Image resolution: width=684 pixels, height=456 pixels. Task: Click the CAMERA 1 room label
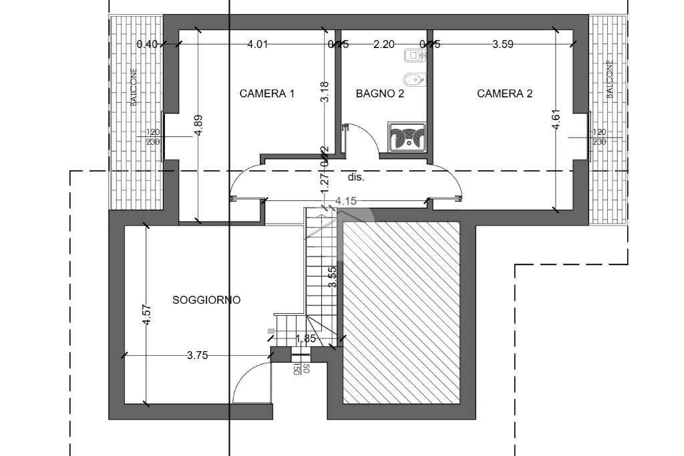point(267,94)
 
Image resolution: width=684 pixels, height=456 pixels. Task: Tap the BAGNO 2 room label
point(379,94)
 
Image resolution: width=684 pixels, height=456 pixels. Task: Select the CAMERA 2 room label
point(504,94)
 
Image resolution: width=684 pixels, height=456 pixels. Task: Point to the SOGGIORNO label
point(206,300)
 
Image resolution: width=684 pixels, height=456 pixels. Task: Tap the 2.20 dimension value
point(383,45)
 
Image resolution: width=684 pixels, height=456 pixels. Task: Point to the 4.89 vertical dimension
point(198,126)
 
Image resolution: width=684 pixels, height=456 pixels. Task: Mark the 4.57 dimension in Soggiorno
point(147,315)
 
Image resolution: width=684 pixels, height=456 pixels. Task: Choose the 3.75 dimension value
point(197,356)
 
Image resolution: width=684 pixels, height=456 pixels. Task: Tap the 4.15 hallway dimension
point(346,201)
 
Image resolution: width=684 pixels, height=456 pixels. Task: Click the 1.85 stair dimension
point(305,338)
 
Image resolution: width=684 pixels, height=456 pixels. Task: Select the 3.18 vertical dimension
point(325,91)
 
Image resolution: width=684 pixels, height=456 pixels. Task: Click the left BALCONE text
point(134,87)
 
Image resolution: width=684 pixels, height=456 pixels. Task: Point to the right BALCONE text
point(609,80)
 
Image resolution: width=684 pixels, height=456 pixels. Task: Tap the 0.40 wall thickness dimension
point(147,45)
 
